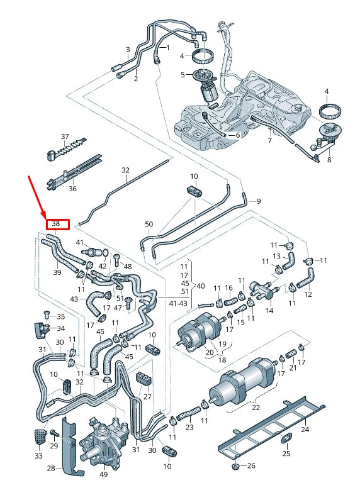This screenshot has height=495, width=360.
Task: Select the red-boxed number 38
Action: [x=56, y=224]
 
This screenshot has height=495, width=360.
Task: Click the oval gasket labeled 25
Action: [x=285, y=438]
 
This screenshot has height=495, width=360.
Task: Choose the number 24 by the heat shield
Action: [x=305, y=430]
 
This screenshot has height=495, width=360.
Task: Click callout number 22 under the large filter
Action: [x=256, y=408]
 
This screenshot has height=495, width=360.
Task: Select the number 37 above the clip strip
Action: [x=65, y=136]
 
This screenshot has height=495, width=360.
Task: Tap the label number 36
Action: [x=72, y=188]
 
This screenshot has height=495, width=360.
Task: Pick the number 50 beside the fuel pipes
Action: [x=149, y=225]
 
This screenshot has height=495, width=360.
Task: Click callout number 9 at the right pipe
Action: [x=257, y=201]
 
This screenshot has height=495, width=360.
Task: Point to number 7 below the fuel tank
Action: [x=270, y=141]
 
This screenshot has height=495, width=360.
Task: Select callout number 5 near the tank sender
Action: [x=183, y=75]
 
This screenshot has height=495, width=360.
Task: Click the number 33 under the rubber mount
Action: [x=38, y=456]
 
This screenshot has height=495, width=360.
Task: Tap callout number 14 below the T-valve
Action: [x=269, y=311]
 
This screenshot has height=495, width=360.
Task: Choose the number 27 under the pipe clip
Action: [x=148, y=397]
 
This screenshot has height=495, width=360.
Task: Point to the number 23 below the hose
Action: [x=189, y=427]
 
